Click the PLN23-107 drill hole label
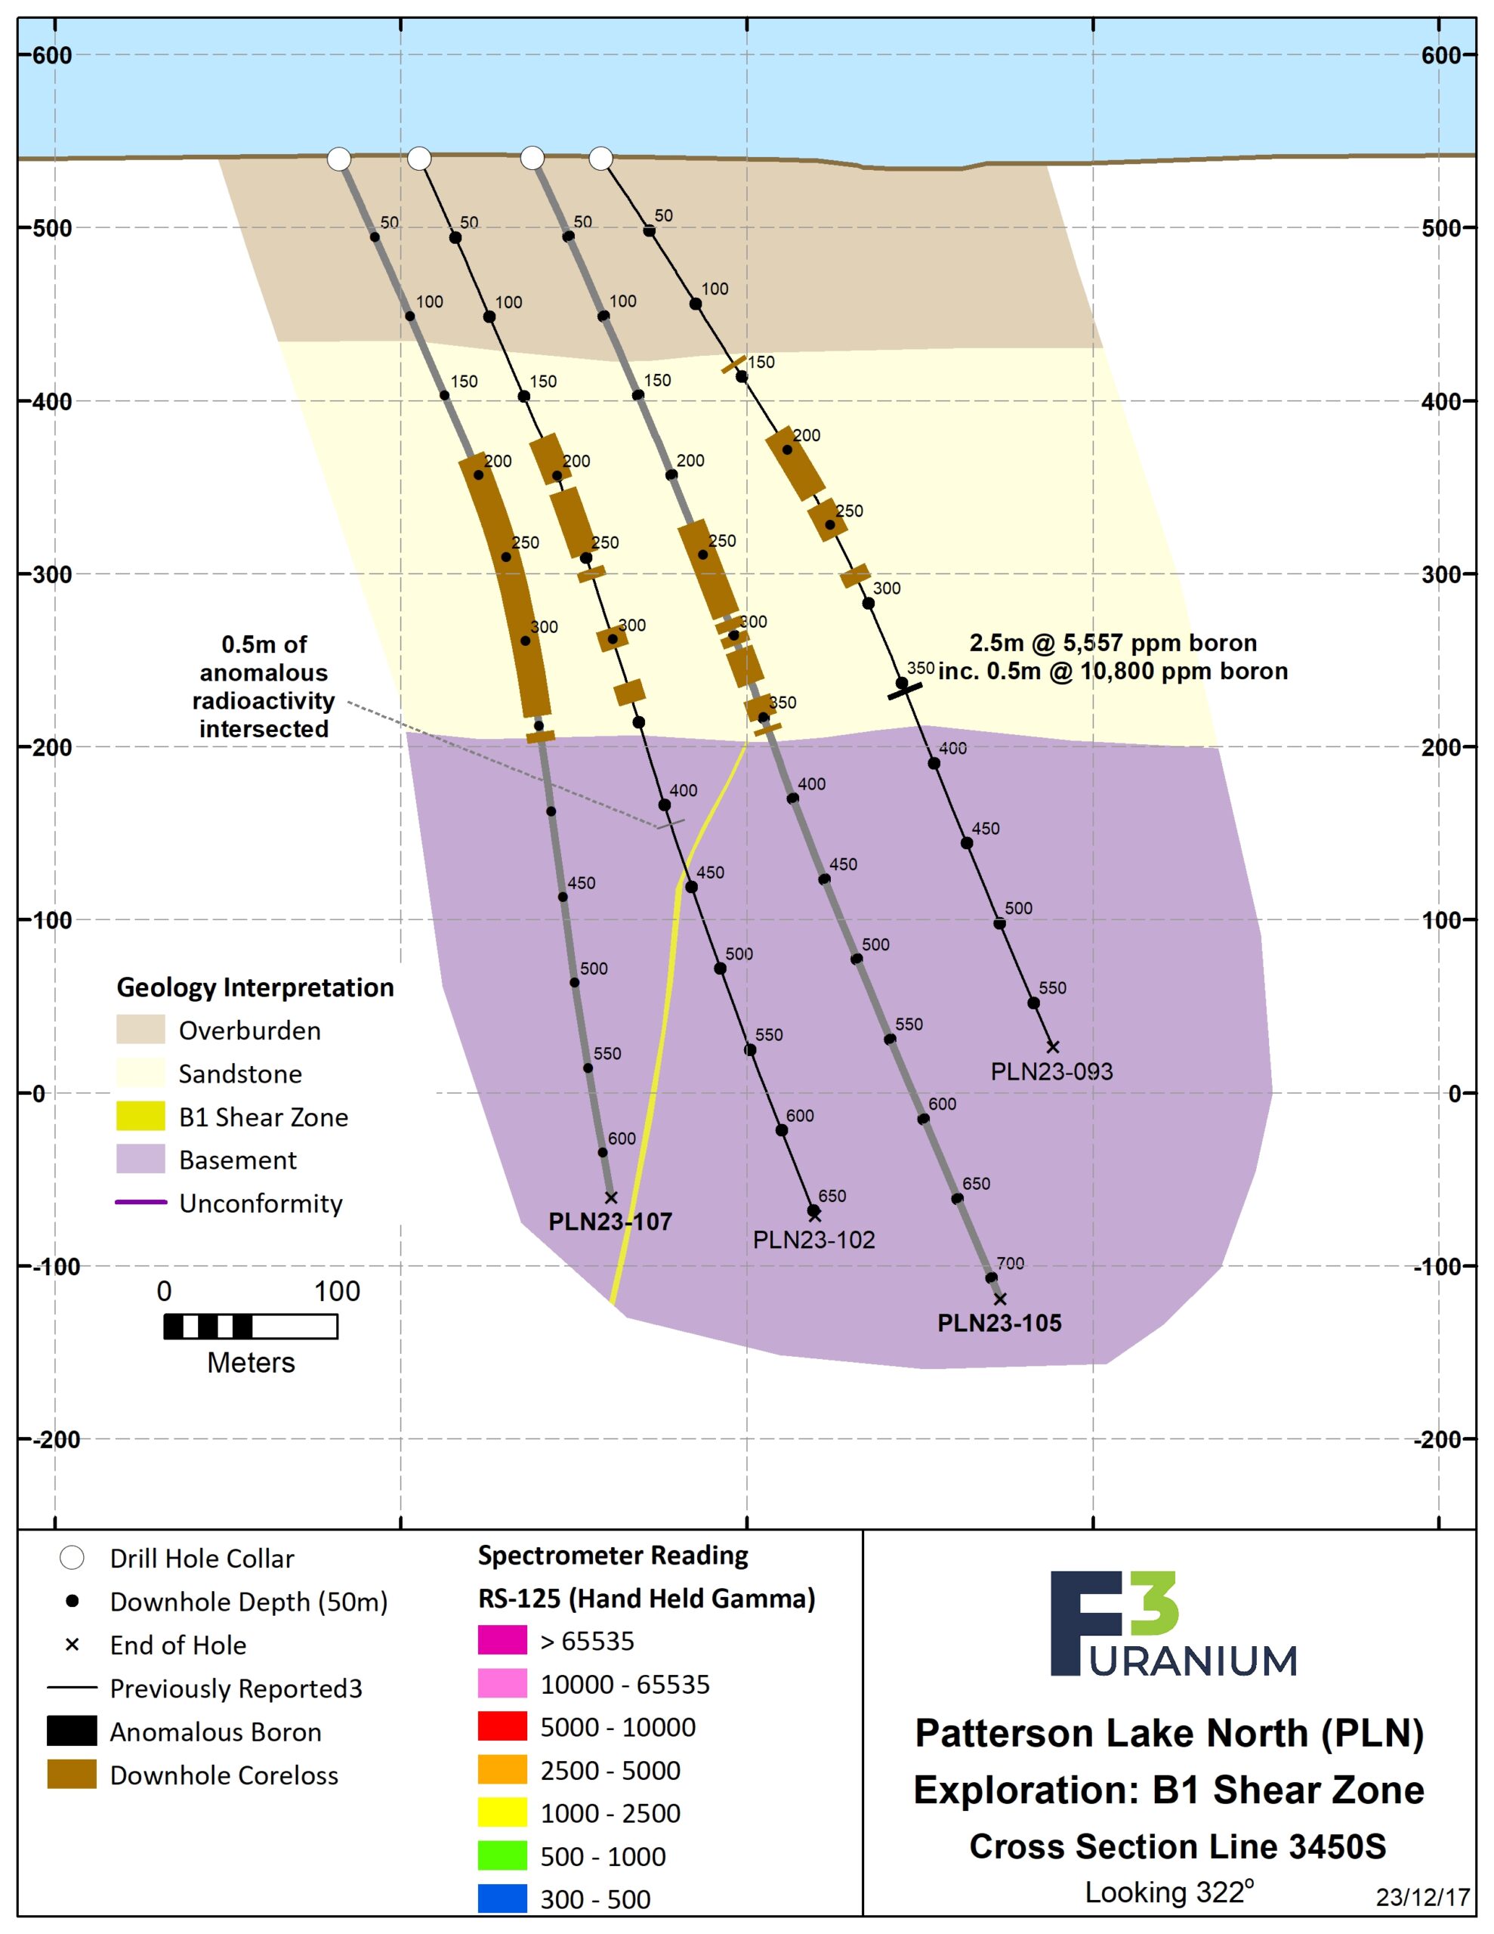click(610, 1222)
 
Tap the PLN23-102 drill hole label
click(814, 1240)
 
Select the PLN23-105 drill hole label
click(999, 1323)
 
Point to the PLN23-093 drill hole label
click(1051, 1071)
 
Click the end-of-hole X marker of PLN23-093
click(1052, 1046)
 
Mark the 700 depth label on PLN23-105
click(1010, 1264)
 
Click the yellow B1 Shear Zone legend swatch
click(140, 1116)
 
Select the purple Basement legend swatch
click(140, 1159)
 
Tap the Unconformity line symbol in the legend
click(140, 1203)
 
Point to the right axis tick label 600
click(1441, 55)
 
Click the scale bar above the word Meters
click(251, 1327)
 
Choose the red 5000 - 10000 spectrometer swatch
click(502, 1727)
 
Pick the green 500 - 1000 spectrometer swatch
click(502, 1856)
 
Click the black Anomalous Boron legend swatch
click(72, 1732)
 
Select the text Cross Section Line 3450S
click(1177, 1846)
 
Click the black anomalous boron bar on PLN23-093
click(905, 690)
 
